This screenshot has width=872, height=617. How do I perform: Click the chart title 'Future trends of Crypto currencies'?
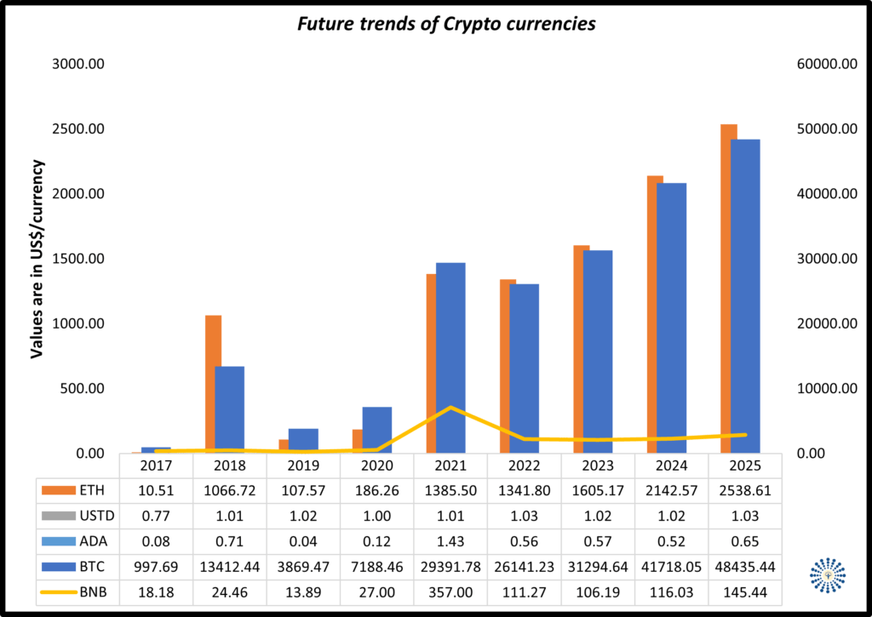pyautogui.click(x=445, y=24)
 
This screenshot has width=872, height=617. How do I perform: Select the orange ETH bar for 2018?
pyautogui.click(x=213, y=383)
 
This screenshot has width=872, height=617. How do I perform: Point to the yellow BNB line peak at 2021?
pyautogui.click(x=450, y=408)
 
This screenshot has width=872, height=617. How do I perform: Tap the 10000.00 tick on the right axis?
pyautogui.click(x=825, y=389)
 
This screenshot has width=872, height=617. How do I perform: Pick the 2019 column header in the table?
pyautogui.click(x=302, y=466)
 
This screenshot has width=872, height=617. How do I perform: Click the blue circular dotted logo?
pyautogui.click(x=828, y=576)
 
